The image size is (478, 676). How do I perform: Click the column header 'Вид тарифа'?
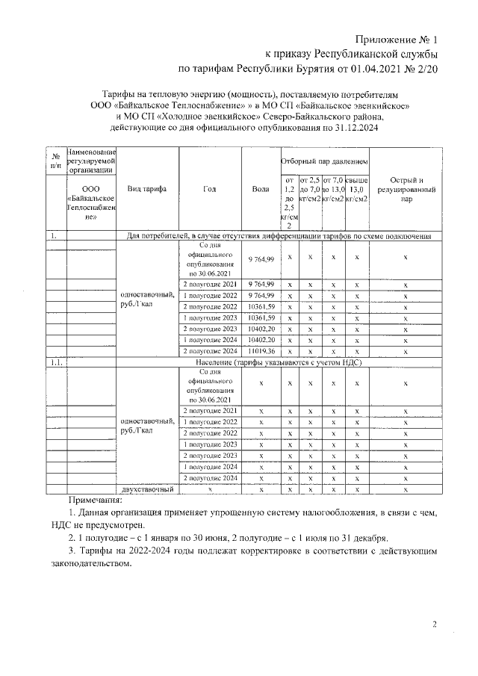pos(147,189)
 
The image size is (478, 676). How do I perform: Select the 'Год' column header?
pos(209,189)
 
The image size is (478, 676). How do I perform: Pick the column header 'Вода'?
pos(261,189)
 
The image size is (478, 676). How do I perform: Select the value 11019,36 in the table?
pos(261,350)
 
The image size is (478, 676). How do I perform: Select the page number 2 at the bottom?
pos(435,624)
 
